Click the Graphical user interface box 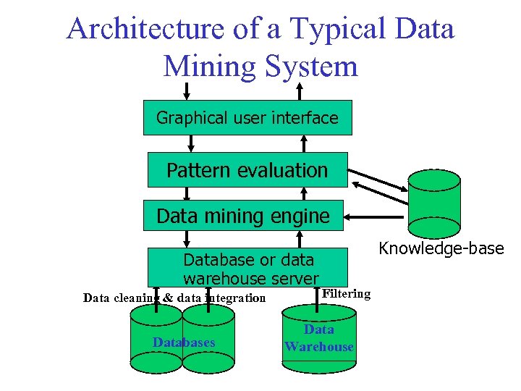point(247,117)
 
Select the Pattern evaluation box point(247,170)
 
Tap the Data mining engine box point(243,216)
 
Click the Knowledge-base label point(441,248)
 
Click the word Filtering point(346,293)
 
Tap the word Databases point(184,342)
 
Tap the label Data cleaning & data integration point(174,298)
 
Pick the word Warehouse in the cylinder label point(319,347)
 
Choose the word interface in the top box point(305,117)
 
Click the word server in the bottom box point(292,278)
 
